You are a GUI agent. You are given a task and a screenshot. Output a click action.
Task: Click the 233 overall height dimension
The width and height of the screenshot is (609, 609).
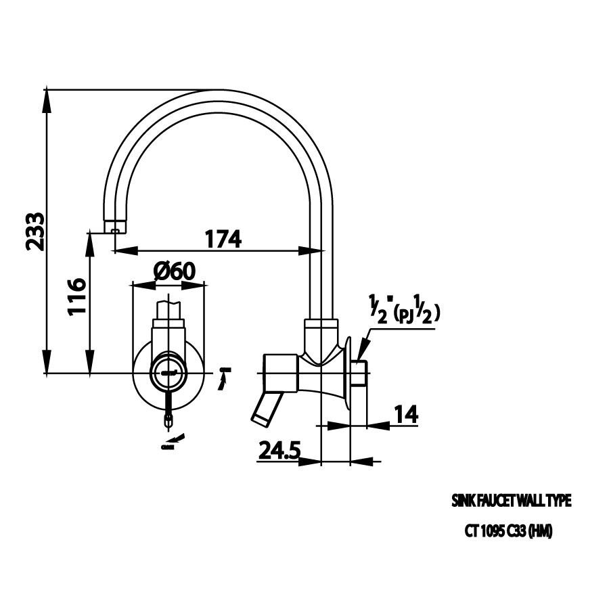(35, 231)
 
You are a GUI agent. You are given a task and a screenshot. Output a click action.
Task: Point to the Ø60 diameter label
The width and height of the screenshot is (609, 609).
(174, 271)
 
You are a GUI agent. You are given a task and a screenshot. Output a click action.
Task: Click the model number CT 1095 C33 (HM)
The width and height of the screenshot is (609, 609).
(508, 532)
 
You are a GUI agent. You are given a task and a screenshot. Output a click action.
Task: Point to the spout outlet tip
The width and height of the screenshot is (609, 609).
(116, 227)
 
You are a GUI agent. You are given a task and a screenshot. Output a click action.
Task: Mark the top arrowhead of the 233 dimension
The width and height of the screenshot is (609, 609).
(47, 99)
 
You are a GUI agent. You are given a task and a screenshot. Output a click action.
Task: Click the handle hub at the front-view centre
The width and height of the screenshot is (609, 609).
(168, 372)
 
